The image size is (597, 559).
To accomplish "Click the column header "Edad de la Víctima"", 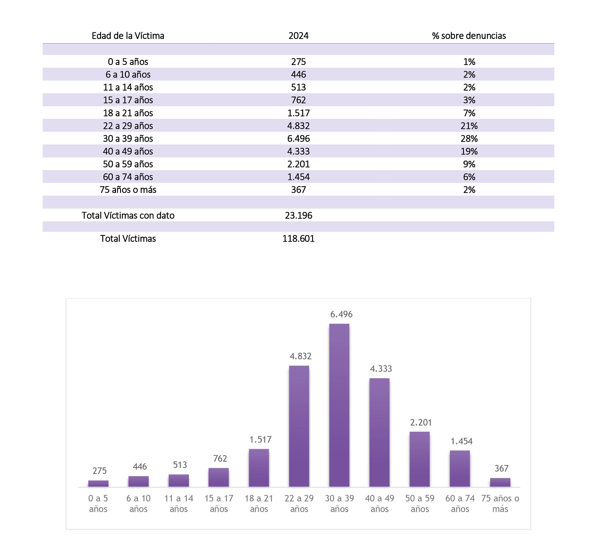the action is (x=128, y=36).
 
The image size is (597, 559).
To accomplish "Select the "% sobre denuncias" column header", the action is (x=469, y=36).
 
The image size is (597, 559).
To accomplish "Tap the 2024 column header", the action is (x=298, y=36).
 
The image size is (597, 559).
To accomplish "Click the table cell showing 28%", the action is (x=469, y=139).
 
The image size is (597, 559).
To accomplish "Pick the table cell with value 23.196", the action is (x=298, y=216).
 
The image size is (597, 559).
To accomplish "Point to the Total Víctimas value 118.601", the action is (x=298, y=239).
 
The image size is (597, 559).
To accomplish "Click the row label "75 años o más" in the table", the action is (x=128, y=190).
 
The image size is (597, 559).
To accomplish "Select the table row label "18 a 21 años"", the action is (x=128, y=113).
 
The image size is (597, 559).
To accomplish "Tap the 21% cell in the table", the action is (x=469, y=126).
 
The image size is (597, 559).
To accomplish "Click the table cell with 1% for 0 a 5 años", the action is (x=469, y=62).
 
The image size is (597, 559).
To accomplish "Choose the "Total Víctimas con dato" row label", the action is (x=128, y=216).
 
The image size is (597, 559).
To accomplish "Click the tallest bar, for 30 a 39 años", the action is (x=339, y=405).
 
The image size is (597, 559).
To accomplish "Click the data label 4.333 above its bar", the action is (x=381, y=369).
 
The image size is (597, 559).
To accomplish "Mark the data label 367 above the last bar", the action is (x=501, y=468).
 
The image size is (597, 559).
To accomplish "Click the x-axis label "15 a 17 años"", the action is (x=219, y=503).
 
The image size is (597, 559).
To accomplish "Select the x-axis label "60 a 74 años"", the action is (x=460, y=503).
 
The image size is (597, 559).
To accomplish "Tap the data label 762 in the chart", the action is (x=220, y=458).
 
